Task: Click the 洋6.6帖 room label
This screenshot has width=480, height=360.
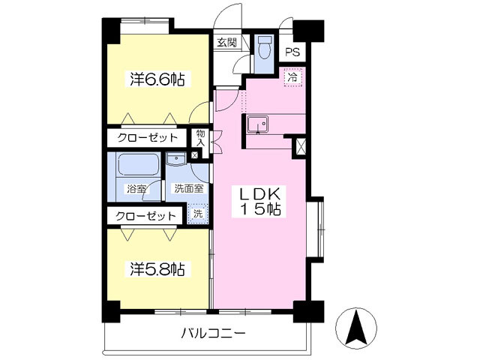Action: coord(158,79)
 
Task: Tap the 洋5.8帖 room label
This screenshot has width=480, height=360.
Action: coord(158,268)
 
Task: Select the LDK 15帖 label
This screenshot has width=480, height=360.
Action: coord(260,202)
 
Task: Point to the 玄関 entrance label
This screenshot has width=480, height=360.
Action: coord(226,43)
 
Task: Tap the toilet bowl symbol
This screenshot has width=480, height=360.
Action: coord(263,49)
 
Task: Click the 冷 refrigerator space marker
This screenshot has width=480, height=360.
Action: coord(293,76)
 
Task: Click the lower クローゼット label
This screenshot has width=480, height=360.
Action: coord(147,216)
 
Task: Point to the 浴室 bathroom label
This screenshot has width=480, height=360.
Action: coord(136,189)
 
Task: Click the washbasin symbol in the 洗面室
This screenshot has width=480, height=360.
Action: coord(177,159)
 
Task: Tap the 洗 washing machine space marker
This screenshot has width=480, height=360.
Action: coord(196,214)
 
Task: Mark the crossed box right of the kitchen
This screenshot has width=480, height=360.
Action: coord(301,146)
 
